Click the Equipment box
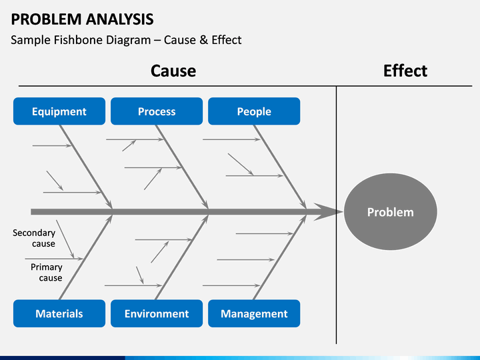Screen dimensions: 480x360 (x=59, y=111)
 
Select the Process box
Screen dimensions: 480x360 (x=157, y=111)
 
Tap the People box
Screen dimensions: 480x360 (x=254, y=111)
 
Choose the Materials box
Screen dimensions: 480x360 (x=59, y=313)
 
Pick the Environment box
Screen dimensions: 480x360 (x=157, y=313)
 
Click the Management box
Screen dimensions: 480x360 (x=254, y=313)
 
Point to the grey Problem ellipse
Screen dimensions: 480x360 (x=390, y=212)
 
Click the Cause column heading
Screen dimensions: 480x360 (x=173, y=71)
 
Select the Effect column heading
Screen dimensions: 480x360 (x=405, y=71)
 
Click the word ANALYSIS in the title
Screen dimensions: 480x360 (x=120, y=19)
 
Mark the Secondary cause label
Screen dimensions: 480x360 (x=34, y=238)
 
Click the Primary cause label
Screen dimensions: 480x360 (x=47, y=273)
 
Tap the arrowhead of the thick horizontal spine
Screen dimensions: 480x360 (x=329, y=211)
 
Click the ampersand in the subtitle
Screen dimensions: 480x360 (x=203, y=40)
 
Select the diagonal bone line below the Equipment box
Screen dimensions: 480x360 (x=86, y=167)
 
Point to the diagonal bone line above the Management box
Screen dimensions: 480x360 (x=280, y=257)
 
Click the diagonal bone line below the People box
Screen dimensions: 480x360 (x=280, y=167)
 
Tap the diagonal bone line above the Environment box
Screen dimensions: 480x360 (x=182, y=257)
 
